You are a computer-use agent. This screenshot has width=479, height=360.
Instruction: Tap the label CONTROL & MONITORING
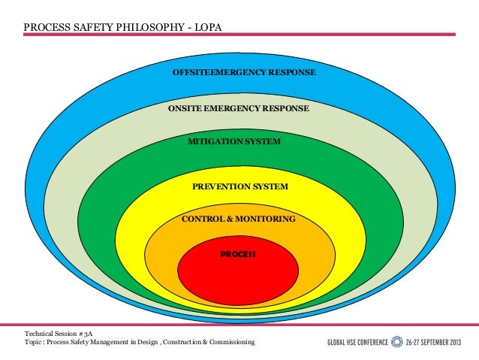click(239, 219)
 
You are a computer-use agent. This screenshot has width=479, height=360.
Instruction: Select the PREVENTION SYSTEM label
click(239, 186)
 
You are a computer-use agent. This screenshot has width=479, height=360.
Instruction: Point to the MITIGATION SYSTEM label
click(234, 141)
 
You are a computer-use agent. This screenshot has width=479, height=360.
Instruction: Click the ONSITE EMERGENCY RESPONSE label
click(239, 109)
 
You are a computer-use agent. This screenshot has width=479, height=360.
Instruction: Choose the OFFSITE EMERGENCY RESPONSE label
click(244, 73)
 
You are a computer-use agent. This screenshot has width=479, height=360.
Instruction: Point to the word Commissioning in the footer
click(228, 342)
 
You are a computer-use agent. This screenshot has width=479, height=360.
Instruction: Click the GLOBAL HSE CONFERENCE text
click(357, 343)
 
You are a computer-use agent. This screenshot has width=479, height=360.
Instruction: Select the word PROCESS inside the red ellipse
click(238, 254)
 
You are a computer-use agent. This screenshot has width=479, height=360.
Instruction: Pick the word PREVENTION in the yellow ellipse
click(221, 186)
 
